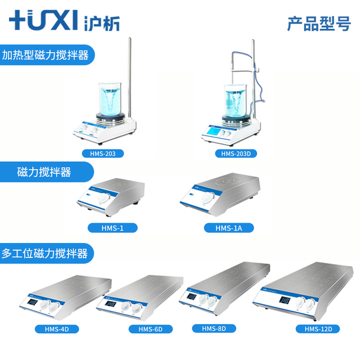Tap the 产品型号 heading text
[318, 24]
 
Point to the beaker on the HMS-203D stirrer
[236, 100]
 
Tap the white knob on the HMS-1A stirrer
[206, 197]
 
